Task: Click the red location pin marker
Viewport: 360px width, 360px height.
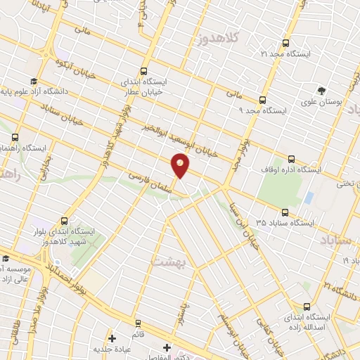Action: click(181, 165)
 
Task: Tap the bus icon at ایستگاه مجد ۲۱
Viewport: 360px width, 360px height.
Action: click(285, 43)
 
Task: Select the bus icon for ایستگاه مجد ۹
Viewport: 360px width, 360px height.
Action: click(262, 100)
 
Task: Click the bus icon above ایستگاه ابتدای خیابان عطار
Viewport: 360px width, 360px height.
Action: click(144, 71)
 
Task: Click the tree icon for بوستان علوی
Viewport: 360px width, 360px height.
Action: click(321, 91)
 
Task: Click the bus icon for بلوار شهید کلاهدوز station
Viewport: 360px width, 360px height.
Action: click(65, 220)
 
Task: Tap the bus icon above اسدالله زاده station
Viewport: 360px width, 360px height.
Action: click(307, 307)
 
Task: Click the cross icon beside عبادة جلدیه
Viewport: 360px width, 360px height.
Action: click(112, 339)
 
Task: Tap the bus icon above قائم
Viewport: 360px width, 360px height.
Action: click(136, 324)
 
